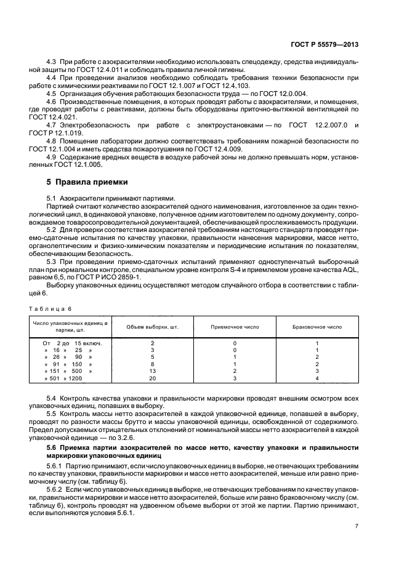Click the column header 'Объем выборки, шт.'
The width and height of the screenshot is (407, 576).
(x=152, y=327)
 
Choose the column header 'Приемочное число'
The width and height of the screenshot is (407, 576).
(x=235, y=327)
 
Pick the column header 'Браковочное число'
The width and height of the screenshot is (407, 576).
(x=316, y=327)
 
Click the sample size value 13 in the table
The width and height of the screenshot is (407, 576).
(x=152, y=371)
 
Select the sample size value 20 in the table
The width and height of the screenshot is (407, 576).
(x=152, y=378)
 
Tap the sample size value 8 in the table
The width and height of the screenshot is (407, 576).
(x=152, y=364)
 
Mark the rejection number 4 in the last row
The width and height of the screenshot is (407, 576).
(x=316, y=378)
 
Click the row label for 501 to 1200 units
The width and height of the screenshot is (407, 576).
(x=63, y=378)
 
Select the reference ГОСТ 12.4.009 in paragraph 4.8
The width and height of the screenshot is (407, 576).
(x=222, y=150)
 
